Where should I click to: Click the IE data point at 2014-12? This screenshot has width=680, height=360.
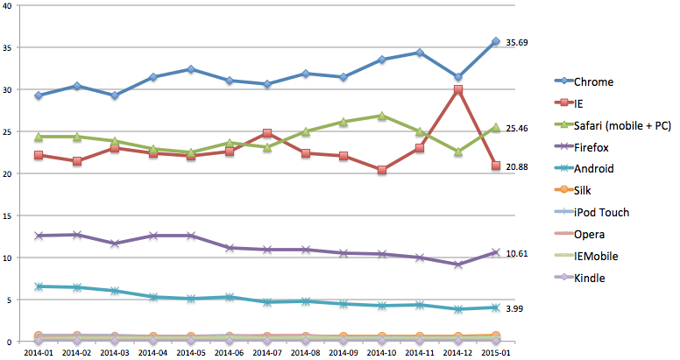pos(457,89)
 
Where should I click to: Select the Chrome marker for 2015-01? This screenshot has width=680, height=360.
pos(496,41)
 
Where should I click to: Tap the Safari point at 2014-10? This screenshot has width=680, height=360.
pos(382,116)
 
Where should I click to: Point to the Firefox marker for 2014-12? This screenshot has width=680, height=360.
pos(457,265)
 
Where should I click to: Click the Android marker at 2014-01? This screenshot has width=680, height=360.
pos(39,286)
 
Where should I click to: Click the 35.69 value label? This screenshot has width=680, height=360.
pos(517,42)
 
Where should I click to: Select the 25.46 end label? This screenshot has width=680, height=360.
pos(517,128)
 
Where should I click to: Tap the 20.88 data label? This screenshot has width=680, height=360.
pos(517,166)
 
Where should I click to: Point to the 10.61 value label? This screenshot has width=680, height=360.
pos(517,253)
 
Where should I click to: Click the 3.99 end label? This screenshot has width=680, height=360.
pos(515,308)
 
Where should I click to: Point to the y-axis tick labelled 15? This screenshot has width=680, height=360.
pos(10,215)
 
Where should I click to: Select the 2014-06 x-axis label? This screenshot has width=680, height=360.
pos(230,352)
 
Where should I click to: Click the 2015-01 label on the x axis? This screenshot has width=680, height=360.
pos(496,352)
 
